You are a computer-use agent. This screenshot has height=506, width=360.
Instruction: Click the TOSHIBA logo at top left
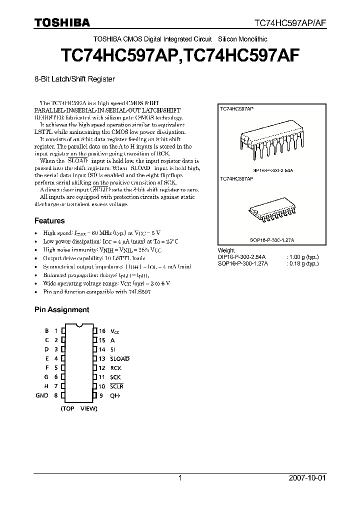pos(62,22)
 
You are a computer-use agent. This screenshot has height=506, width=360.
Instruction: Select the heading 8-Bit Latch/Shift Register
pos(74,79)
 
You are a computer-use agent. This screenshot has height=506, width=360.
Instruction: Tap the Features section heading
pos(49,220)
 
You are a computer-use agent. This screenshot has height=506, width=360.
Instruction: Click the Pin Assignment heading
pos(61,309)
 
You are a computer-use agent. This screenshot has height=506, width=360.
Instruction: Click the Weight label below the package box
pos(226,250)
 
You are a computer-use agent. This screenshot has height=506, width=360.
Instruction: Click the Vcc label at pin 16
pos(115,331)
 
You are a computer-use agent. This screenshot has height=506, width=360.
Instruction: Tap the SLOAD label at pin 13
pos(119,358)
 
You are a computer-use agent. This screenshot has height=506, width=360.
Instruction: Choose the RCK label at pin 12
pos(115,368)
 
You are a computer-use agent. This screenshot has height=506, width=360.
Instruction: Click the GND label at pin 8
pos(42,395)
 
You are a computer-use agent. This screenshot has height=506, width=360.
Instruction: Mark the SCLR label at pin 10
pos(116,386)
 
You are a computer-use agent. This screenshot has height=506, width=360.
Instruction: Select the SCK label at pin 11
pos(115,377)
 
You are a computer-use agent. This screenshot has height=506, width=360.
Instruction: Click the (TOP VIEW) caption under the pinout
pos(79,408)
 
